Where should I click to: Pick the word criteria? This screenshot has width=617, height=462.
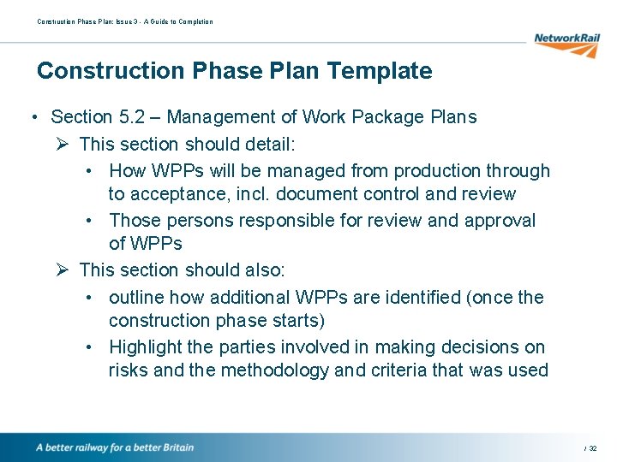coord(403,370)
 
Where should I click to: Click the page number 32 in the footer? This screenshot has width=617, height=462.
coord(593,448)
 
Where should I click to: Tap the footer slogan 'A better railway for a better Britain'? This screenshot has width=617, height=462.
coord(115,447)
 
